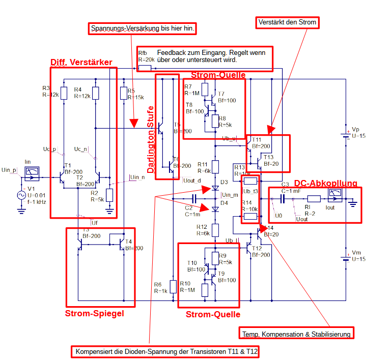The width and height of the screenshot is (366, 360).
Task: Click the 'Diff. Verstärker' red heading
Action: point(81,62)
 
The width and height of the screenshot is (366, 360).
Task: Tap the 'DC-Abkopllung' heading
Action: point(326,183)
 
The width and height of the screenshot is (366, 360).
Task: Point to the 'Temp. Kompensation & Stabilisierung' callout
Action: point(296,334)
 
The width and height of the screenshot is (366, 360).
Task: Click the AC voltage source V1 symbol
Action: point(22,195)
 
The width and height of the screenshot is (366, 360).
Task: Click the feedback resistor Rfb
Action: point(145,68)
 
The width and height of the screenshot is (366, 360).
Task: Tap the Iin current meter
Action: point(32,174)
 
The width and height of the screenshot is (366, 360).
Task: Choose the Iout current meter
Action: point(335,196)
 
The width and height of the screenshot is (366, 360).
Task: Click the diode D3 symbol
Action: point(215,189)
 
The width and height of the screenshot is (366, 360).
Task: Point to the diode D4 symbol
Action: point(215,208)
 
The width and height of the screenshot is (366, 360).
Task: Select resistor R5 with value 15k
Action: point(124,93)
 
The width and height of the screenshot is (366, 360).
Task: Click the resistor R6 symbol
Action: point(173,286)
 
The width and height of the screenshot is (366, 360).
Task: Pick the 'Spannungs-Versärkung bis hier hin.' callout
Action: point(144,28)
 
